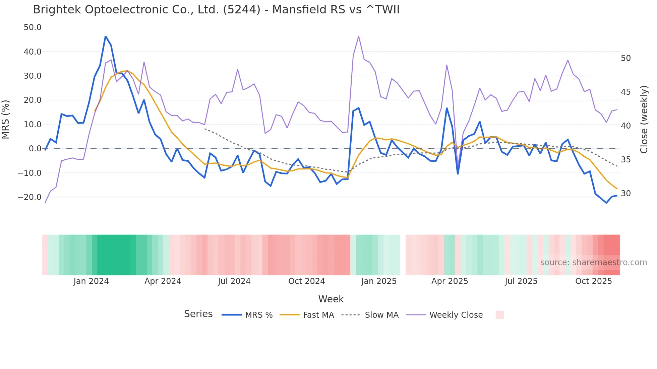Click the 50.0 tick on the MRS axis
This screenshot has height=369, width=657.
pos(33,27)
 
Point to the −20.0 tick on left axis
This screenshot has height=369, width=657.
pos(29,197)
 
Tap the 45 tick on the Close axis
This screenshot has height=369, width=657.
pos(625,92)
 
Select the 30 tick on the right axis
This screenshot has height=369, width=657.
pos(625,194)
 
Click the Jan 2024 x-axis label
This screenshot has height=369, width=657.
pos(91,281)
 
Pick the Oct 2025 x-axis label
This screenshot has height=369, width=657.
pos(593,281)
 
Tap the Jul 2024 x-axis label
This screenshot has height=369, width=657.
pos(234,281)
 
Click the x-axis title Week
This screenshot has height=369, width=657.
pos(331,299)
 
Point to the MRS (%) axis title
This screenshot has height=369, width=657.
pos(6,120)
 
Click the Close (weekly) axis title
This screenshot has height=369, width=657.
pos(644,120)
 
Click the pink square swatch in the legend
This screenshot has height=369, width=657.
pos(499,315)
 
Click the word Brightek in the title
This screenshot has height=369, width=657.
pos(57,10)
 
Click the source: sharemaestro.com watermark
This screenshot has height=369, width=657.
pos(593,263)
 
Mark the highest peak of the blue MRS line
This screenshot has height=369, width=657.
pos(106,36)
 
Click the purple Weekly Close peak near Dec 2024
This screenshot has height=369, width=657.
pos(359,36)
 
